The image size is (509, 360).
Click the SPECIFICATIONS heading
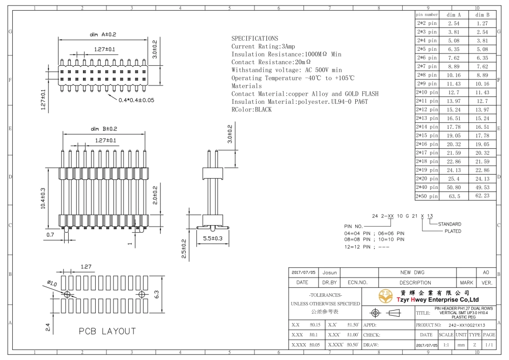pos(254,38)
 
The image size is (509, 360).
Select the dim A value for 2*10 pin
pos(454,93)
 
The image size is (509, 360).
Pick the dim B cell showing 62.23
pos(483,196)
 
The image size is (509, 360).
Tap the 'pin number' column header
pos(427,15)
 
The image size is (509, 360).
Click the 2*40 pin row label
pos(427,187)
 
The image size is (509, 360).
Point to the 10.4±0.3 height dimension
pos(43,199)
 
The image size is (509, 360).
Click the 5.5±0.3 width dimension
pos(213,238)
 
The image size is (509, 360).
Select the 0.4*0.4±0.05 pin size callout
pos(136,100)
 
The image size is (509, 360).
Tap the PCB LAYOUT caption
pos(107,331)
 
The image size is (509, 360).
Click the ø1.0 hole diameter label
pos(52,284)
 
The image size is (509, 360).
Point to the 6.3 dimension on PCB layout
pos(156,294)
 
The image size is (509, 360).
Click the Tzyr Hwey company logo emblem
pos(385,296)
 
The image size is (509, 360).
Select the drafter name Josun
pos(329,273)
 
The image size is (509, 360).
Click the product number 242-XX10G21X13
pos(467,325)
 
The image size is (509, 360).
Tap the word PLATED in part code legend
pos(453,231)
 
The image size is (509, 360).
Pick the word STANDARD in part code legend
pos(449,224)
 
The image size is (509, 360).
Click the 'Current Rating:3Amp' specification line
pos(263,46)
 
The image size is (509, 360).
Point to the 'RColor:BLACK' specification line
pos(251,109)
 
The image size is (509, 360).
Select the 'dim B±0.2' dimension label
pos(104,129)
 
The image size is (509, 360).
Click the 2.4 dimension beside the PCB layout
pos(48,327)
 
